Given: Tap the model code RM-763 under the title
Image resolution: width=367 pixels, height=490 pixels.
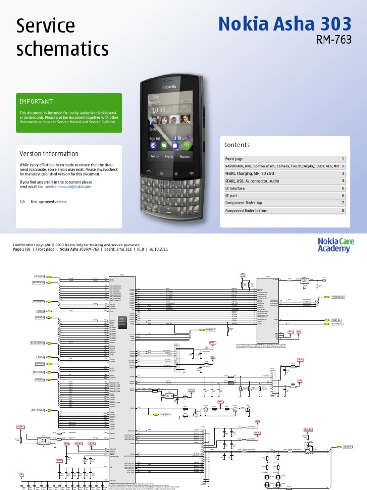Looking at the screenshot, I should pyautogui.click(x=334, y=40).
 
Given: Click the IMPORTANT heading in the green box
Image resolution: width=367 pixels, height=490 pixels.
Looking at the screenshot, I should pyautogui.click(x=36, y=101).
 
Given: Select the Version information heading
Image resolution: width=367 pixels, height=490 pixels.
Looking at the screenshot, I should pyautogui.click(x=49, y=154).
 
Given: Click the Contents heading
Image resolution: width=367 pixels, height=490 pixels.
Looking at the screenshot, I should pyautogui.click(x=237, y=145).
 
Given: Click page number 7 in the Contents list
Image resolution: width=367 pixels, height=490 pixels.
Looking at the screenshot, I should pyautogui.click(x=343, y=203).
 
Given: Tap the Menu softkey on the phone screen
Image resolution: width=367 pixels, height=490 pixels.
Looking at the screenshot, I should pyautogui.click(x=169, y=156).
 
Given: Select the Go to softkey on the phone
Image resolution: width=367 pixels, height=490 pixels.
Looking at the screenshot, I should pyautogui.click(x=155, y=156).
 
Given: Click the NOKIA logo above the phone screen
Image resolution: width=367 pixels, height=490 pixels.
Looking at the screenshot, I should pyautogui.click(x=169, y=87).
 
